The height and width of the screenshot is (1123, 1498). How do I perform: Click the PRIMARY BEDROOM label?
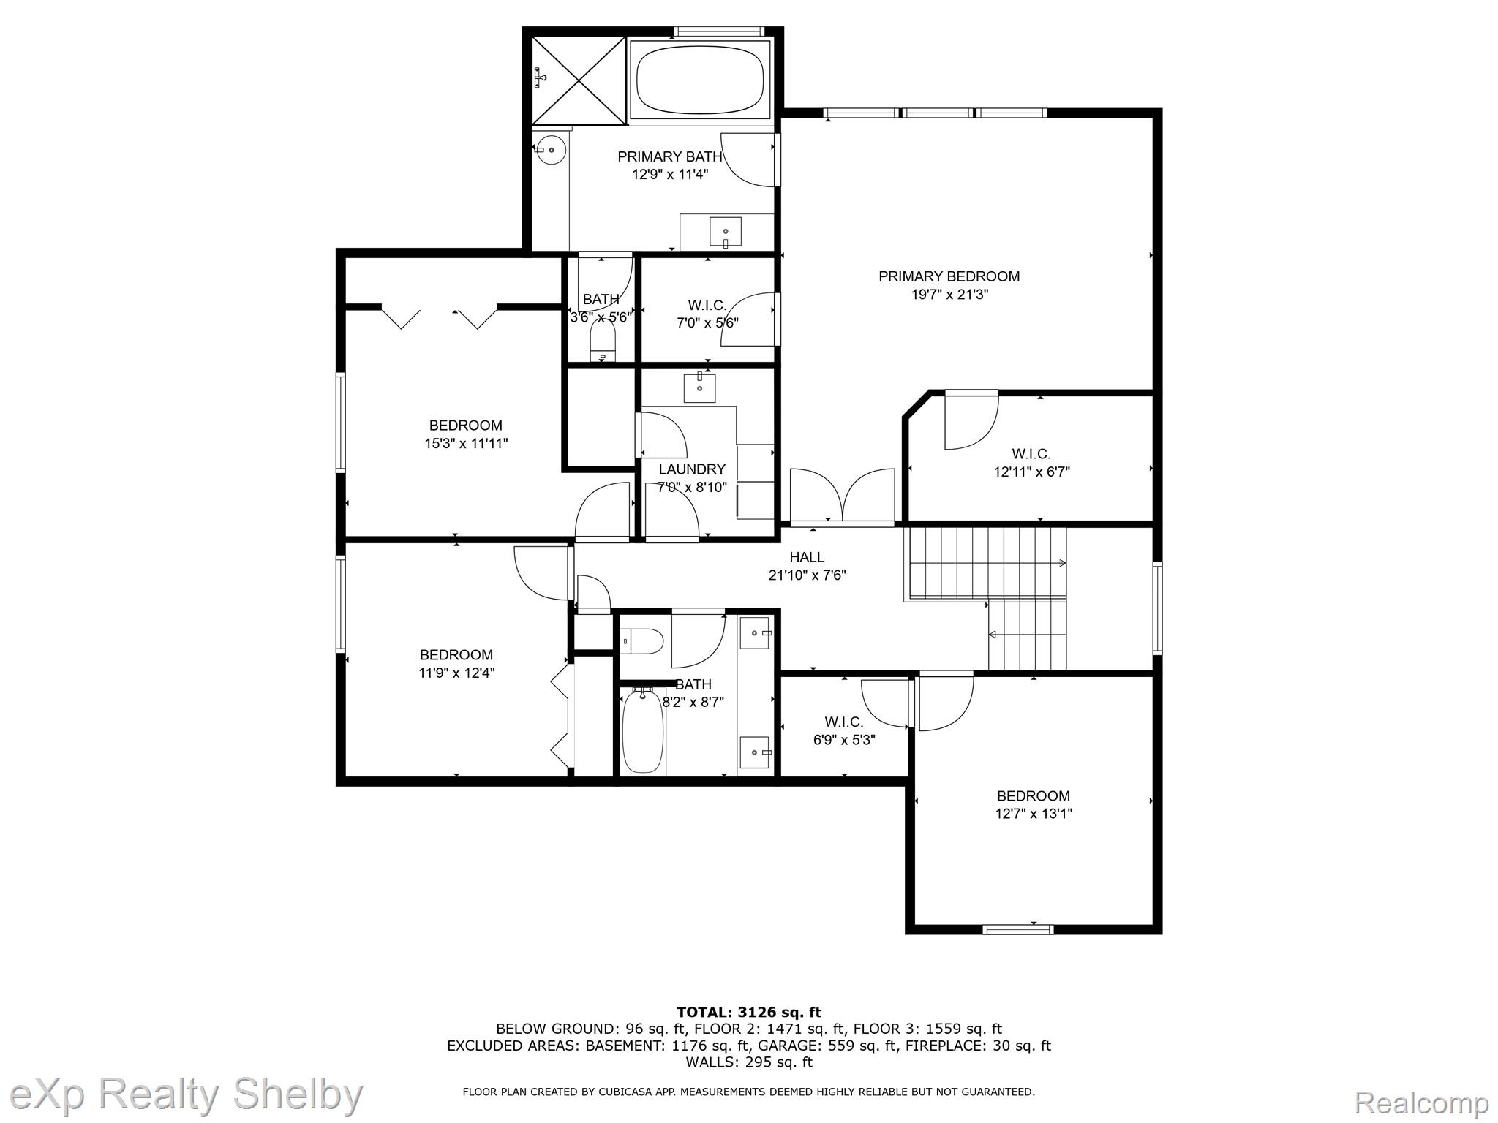point(949,276)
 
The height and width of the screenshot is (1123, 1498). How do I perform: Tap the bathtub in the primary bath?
point(700,80)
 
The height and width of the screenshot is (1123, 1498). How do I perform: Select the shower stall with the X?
point(579,80)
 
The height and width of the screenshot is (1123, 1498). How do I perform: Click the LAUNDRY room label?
point(692,469)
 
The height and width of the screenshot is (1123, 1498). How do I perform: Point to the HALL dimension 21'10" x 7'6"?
point(807,575)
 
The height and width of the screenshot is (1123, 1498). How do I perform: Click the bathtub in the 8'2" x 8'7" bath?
point(643,731)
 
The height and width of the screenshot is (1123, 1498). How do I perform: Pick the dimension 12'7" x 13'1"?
point(1034,814)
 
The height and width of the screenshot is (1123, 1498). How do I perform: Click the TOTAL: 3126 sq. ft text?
point(749,1013)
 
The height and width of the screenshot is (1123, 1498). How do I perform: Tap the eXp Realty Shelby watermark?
point(187,1095)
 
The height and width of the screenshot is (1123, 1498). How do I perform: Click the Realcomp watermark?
point(1422,1102)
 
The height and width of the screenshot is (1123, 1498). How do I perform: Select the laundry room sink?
point(700,387)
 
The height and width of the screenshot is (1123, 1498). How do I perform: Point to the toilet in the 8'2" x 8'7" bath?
point(642,641)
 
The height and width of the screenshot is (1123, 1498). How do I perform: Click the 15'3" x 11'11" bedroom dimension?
point(466,443)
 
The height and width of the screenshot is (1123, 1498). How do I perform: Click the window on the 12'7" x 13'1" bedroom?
point(1018,929)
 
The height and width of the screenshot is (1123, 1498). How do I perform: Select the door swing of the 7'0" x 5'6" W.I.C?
point(748,319)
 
